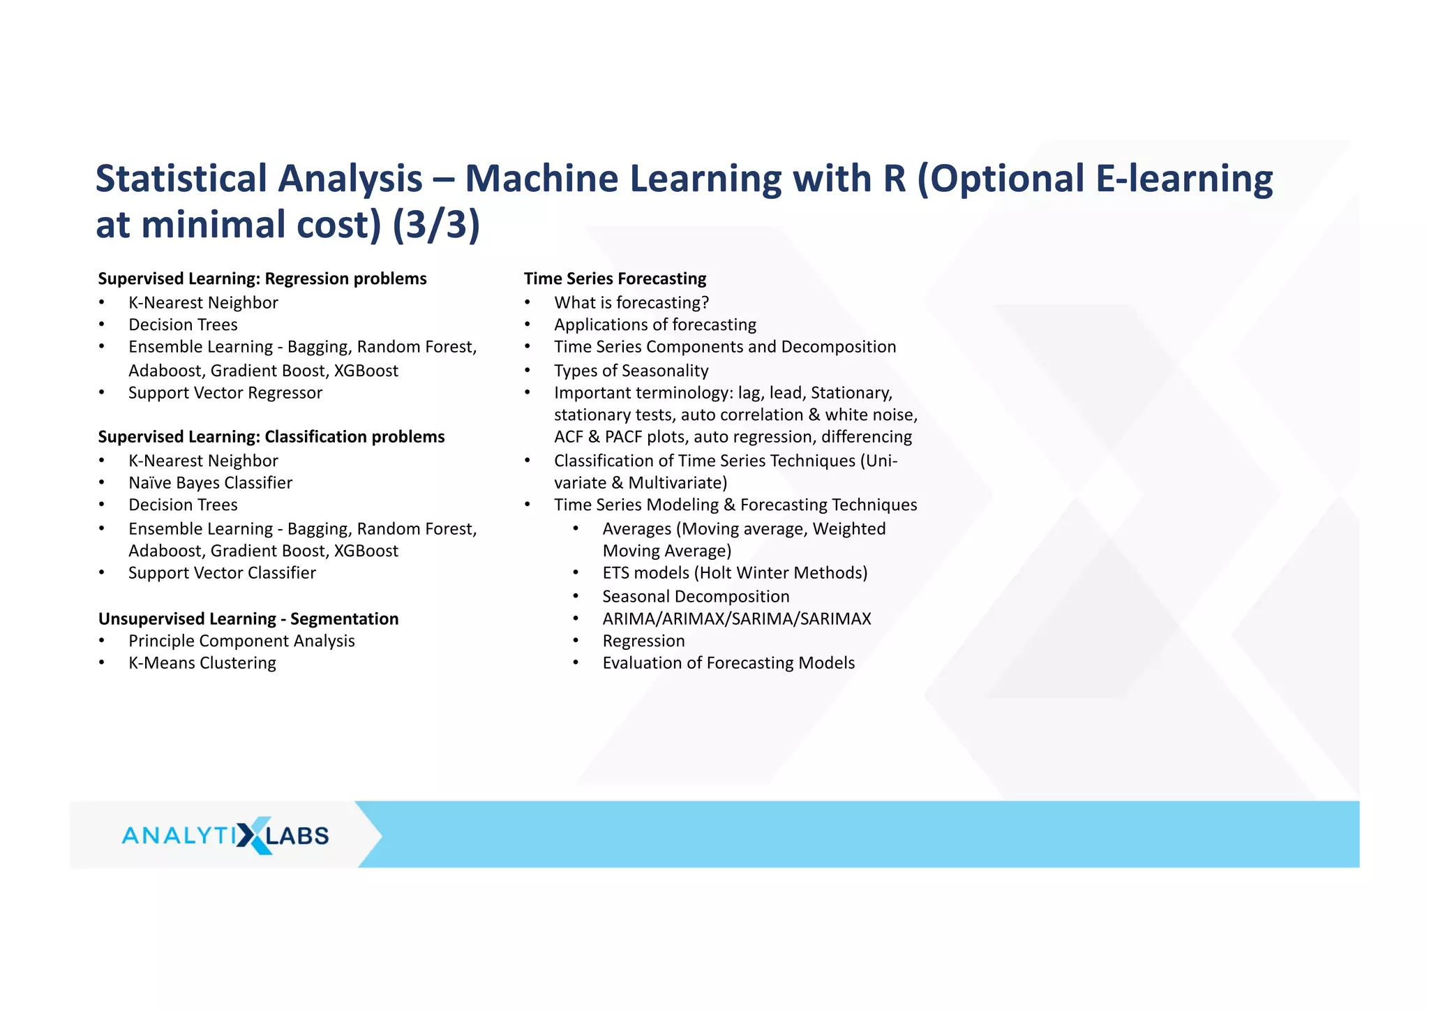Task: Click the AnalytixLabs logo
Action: pyautogui.click(x=225, y=835)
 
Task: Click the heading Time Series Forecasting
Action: pyautogui.click(x=615, y=279)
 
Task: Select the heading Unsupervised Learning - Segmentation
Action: pyautogui.click(x=248, y=618)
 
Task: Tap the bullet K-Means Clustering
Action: pyautogui.click(x=202, y=662)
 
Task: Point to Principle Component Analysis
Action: pyautogui.click(x=241, y=641)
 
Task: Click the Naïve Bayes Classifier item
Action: pyautogui.click(x=210, y=482)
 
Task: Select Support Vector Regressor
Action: pyautogui.click(x=225, y=392)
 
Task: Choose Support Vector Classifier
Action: pyautogui.click(x=222, y=572)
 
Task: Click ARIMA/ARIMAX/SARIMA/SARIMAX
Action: pyautogui.click(x=736, y=618)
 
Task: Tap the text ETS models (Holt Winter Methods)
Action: pyautogui.click(x=735, y=572)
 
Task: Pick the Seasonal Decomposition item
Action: pyautogui.click(x=696, y=596)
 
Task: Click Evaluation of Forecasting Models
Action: pyautogui.click(x=728, y=662)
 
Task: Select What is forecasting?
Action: pyautogui.click(x=631, y=302)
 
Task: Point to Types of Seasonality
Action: pyautogui.click(x=631, y=371)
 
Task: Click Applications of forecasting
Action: pyautogui.click(x=654, y=325)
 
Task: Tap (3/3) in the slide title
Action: pyautogui.click(x=436, y=225)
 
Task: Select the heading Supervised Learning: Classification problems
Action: pyautogui.click(x=271, y=436)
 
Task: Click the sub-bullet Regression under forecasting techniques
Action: pyautogui.click(x=643, y=641)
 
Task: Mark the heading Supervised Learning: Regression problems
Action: pyautogui.click(x=262, y=279)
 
